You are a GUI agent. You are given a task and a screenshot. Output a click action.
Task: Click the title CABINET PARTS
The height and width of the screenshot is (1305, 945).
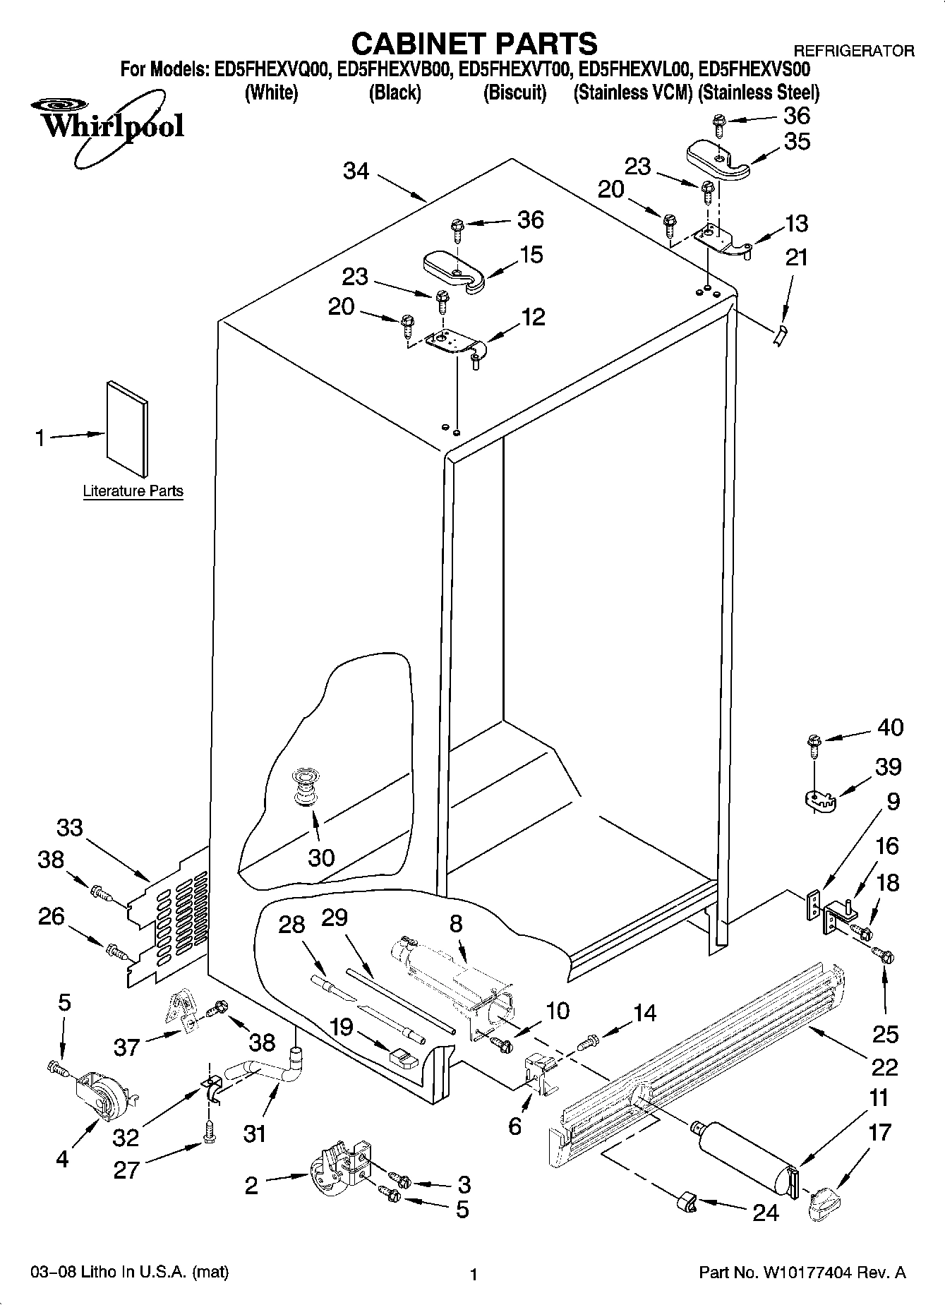[474, 44]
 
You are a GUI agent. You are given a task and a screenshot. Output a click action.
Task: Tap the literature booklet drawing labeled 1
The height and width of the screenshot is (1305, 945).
[128, 428]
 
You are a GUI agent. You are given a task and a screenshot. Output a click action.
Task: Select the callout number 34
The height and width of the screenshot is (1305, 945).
[356, 171]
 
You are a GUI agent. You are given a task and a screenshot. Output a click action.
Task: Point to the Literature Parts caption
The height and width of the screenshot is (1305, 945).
[133, 491]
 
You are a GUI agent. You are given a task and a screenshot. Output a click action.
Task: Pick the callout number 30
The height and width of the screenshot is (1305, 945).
[321, 858]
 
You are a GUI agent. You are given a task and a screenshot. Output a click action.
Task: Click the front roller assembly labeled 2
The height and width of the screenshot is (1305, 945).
[339, 1173]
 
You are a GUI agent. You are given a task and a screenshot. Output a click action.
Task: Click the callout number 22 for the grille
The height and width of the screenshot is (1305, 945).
[884, 1066]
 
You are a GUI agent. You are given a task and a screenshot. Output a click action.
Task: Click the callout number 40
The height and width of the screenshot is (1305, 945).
[890, 727]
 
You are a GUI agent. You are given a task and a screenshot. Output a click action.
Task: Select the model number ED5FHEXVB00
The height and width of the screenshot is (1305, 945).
[395, 70]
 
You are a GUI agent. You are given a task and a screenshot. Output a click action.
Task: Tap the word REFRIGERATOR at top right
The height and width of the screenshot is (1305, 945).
[854, 51]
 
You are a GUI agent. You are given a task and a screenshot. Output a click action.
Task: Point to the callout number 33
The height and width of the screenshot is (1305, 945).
[69, 828]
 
